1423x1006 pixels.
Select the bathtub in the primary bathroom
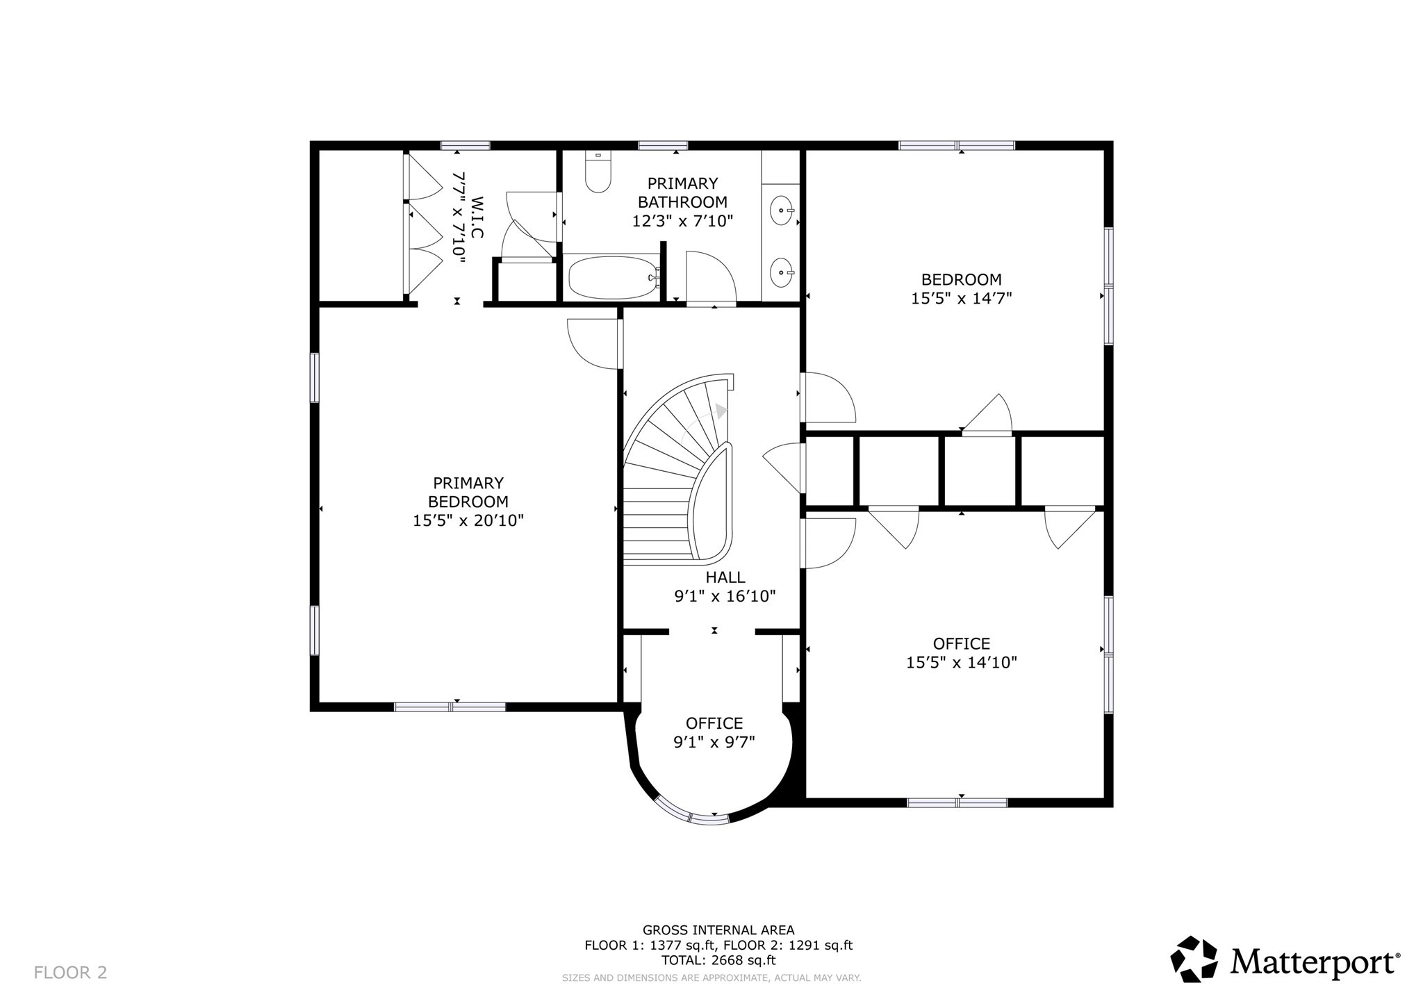pos(611,278)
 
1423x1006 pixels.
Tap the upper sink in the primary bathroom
pos(784,209)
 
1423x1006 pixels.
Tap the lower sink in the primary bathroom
pos(783,272)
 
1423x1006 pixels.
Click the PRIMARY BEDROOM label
pos(468,492)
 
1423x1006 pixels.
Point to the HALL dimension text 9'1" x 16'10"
pos(725,596)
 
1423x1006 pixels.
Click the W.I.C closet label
pos(477,217)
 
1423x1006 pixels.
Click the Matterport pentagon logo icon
pos(1194,959)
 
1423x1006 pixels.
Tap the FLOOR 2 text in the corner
pos(70,973)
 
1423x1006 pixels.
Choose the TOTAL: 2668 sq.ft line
pos(718,961)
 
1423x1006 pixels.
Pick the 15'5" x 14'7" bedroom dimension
pos(961,299)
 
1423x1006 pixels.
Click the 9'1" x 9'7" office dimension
pos(714,742)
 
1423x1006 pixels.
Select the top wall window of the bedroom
pos(956,146)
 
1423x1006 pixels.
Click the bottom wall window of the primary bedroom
pos(450,707)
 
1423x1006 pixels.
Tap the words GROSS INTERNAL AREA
pos(718,930)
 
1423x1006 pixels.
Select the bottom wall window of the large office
pos(957,802)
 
